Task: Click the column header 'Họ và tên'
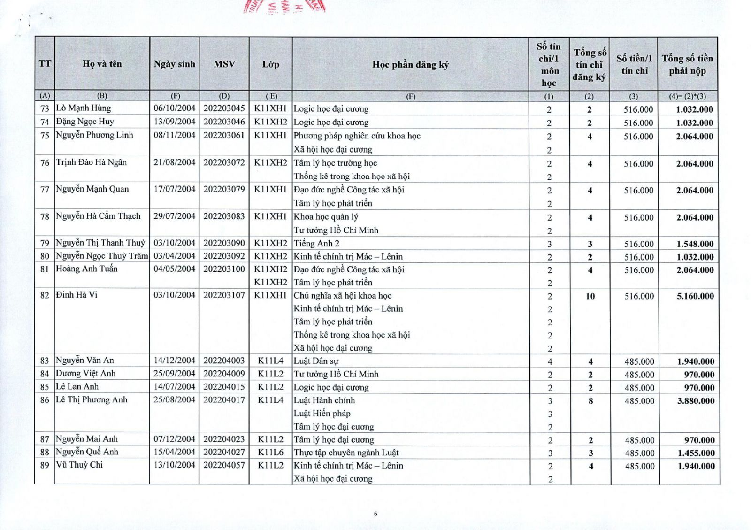pyautogui.click(x=102, y=64)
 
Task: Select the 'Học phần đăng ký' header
pyautogui.click(x=410, y=65)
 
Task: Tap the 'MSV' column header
pyautogui.click(x=224, y=64)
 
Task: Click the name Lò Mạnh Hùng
pyautogui.click(x=84, y=108)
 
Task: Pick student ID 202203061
pyautogui.click(x=224, y=135)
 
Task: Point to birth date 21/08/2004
pyautogui.click(x=174, y=162)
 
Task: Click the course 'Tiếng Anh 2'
pyautogui.click(x=316, y=243)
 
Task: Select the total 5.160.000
pyautogui.click(x=695, y=296)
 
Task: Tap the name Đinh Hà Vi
pyautogui.click(x=76, y=295)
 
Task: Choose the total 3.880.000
pyautogui.click(x=696, y=401)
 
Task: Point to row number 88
pyautogui.click(x=45, y=452)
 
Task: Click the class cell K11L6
pyautogui.click(x=271, y=452)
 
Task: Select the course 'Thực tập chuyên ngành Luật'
pyautogui.click(x=346, y=453)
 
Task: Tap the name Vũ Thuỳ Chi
pyautogui.click(x=79, y=465)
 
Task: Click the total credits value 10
pyautogui.click(x=590, y=296)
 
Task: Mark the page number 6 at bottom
pyautogui.click(x=375, y=514)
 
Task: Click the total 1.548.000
pyautogui.click(x=695, y=244)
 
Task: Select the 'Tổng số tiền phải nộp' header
pyautogui.click(x=687, y=65)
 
